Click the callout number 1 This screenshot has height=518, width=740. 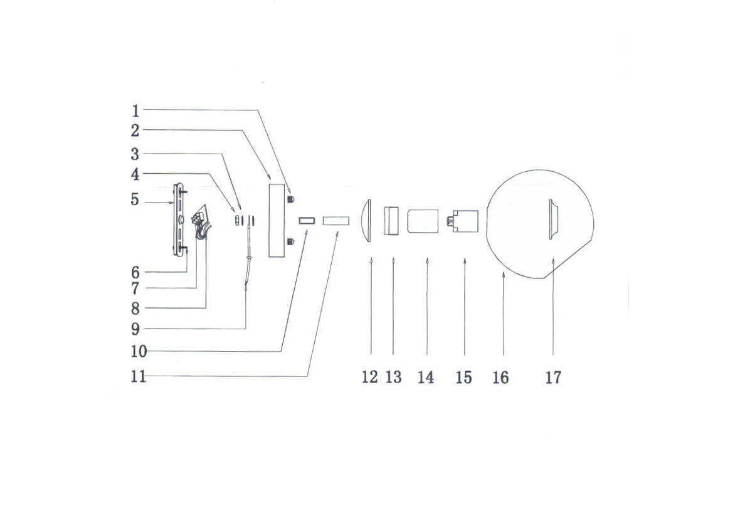tap(135, 112)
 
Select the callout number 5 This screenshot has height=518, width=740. tap(135, 199)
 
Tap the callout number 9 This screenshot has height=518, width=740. tap(135, 329)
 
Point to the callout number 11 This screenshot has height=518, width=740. tap(138, 376)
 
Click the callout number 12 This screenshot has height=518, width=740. tap(370, 377)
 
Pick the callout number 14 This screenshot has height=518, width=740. tap(425, 377)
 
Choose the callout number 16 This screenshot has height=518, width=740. tap(500, 377)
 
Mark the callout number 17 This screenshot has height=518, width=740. tap(553, 377)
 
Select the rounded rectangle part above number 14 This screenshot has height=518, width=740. tap(423, 221)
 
